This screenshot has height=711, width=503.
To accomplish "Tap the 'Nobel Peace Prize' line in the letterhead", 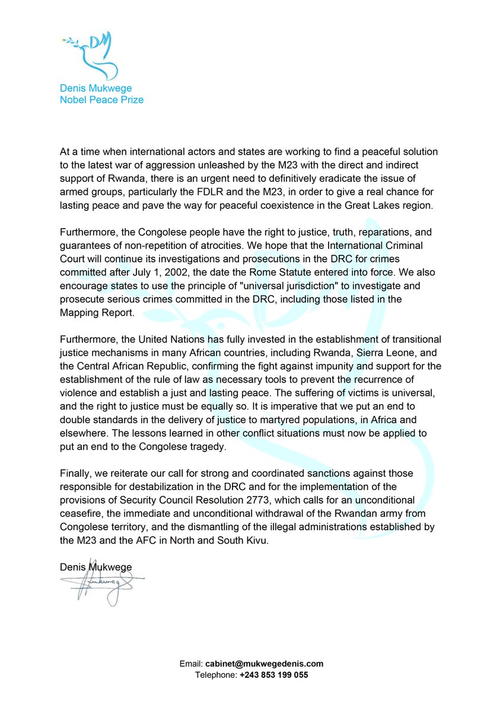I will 101,100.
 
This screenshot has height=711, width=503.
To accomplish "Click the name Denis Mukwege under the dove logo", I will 96,88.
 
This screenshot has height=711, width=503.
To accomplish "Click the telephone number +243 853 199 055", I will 273,675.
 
